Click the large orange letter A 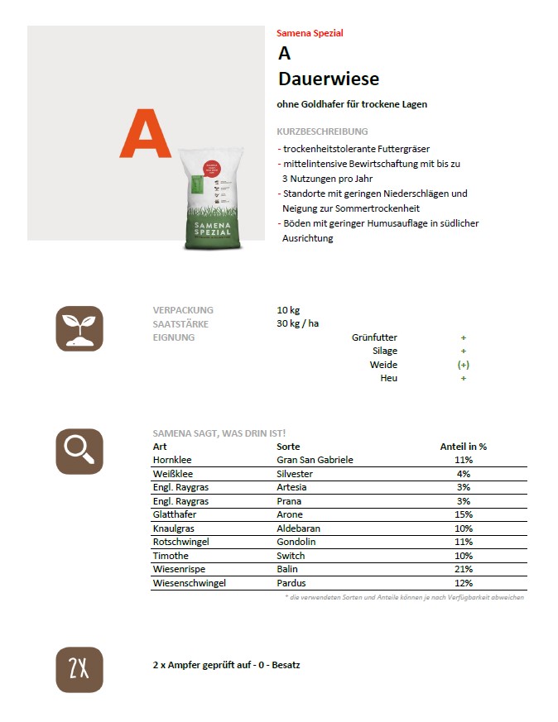(x=145, y=134)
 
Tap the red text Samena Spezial (x=310, y=33)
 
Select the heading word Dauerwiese (x=329, y=79)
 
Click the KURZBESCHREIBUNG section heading (x=322, y=131)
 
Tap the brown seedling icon (x=79, y=328)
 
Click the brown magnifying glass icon (x=79, y=452)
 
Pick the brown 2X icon (x=79, y=669)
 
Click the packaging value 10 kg (x=288, y=310)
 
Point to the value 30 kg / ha (x=298, y=323)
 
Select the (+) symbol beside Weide (x=464, y=365)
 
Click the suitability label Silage (x=384, y=351)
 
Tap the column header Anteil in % (x=464, y=447)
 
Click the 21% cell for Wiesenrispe (x=464, y=569)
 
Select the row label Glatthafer (x=175, y=514)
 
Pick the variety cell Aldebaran (x=298, y=528)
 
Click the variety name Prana (x=289, y=501)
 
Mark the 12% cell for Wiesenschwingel (x=464, y=583)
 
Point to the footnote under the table (x=404, y=597)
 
